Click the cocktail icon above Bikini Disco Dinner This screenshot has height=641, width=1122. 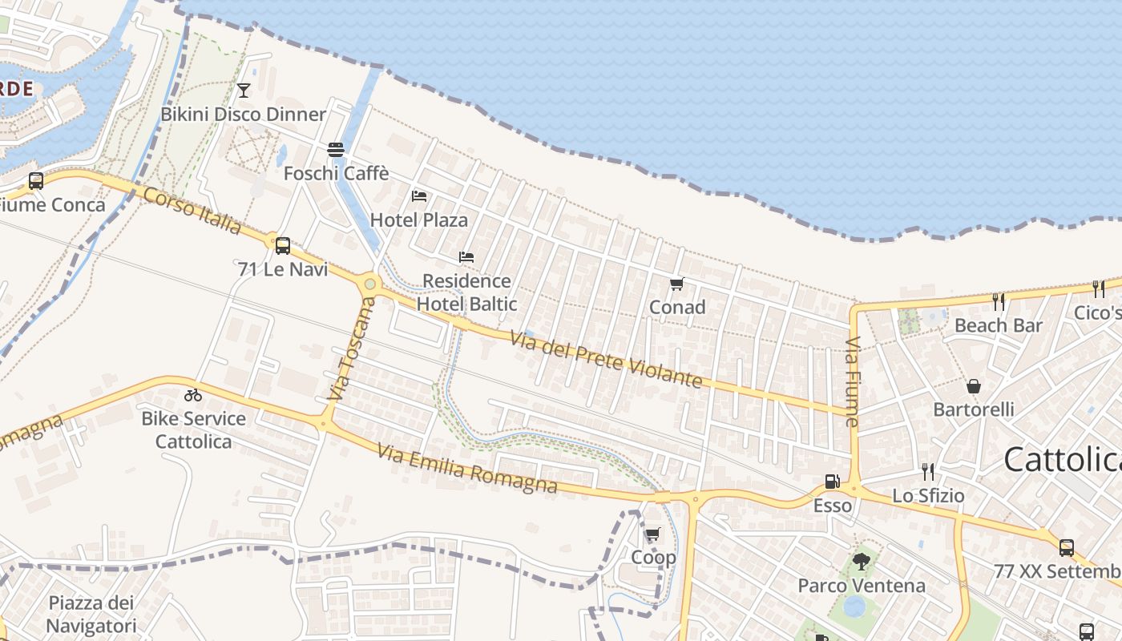(244, 90)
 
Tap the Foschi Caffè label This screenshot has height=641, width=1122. (337, 173)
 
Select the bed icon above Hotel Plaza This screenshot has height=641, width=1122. (419, 196)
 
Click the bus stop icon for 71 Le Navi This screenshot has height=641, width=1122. (282, 245)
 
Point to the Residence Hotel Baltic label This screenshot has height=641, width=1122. (466, 292)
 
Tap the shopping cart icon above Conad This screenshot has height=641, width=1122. (676, 284)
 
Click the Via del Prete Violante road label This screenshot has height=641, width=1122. (606, 359)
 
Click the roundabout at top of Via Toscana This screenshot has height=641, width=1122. (369, 283)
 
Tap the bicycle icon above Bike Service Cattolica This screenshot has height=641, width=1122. (192, 395)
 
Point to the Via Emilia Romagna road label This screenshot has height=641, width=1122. (467, 470)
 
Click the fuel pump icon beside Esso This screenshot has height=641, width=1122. (833, 482)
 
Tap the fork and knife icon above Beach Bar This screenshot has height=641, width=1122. (999, 302)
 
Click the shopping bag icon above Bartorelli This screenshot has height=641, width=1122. (974, 387)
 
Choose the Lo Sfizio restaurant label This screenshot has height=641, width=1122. (928, 496)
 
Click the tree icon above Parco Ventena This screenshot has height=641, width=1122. (862, 562)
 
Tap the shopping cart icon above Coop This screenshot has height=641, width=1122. (653, 534)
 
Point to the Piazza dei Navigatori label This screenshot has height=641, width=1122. (91, 614)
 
